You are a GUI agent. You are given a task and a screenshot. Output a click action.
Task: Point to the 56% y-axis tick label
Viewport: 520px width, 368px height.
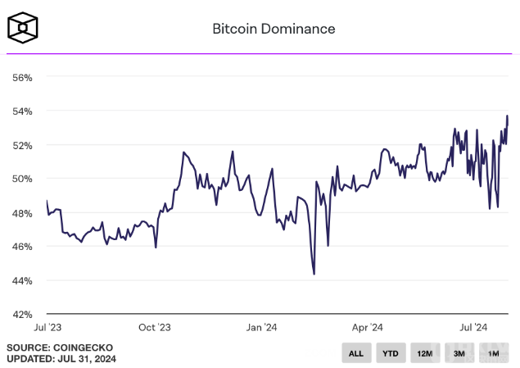point(22,77)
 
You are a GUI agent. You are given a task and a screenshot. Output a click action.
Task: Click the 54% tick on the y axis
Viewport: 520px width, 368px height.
point(22,111)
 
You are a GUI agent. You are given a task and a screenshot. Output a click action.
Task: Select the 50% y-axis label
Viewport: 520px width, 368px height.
point(22,179)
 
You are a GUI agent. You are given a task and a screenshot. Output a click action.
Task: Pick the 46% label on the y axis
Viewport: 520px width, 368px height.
point(22,247)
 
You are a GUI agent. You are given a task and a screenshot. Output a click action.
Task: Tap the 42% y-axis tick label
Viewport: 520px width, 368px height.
point(22,314)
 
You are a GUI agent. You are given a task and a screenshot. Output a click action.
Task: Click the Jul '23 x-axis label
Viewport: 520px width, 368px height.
point(47,327)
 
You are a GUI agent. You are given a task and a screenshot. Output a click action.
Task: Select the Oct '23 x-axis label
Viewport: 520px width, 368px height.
point(155,327)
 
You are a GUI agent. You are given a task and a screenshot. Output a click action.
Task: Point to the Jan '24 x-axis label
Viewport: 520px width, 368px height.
point(261,327)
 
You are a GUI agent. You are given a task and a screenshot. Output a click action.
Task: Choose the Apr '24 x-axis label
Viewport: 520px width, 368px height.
point(368,327)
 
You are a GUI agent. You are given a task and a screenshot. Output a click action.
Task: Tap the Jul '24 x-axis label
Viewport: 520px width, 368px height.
point(473,327)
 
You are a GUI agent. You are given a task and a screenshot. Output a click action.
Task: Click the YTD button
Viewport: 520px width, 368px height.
point(390,353)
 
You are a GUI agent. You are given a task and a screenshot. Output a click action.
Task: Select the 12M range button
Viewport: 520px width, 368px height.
point(424,353)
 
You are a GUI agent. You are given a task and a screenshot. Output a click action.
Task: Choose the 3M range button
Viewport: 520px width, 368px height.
point(459,353)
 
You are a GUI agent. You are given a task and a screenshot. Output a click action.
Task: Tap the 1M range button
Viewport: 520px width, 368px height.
point(493,353)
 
